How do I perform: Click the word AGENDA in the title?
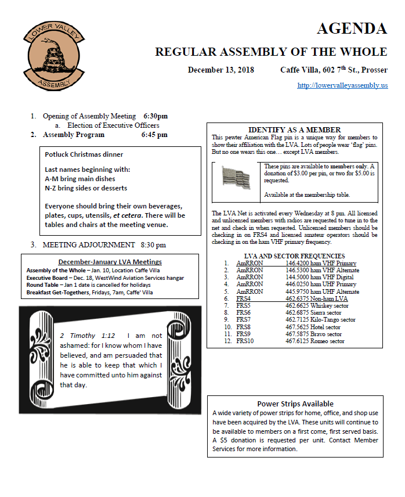pyautogui.click(x=352, y=28)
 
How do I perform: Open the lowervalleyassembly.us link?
pyautogui.click(x=342, y=85)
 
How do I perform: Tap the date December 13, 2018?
pyautogui.click(x=221, y=70)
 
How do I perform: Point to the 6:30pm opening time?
pyautogui.click(x=155, y=116)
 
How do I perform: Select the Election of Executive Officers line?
pyautogui.click(x=113, y=125)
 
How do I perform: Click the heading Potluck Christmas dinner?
pyautogui.click(x=84, y=155)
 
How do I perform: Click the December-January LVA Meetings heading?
pyautogui.click(x=110, y=262)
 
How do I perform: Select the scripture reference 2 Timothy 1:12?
pyautogui.click(x=87, y=336)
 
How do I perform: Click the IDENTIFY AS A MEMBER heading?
pyautogui.click(x=294, y=129)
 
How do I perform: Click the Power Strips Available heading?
pyautogui.click(x=295, y=404)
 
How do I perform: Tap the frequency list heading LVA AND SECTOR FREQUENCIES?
pyautogui.click(x=295, y=256)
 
